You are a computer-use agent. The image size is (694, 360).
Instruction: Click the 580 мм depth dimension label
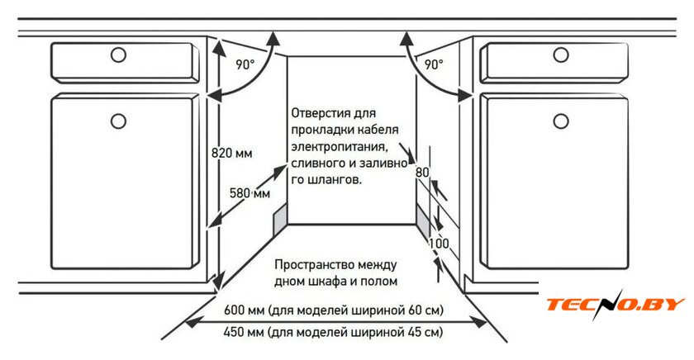click(250, 193)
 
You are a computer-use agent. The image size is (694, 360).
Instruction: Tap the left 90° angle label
click(245, 64)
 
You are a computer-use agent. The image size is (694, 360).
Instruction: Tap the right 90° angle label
click(434, 64)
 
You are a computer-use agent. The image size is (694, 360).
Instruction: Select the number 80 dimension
click(422, 173)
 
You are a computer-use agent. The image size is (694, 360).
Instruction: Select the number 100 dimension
click(439, 244)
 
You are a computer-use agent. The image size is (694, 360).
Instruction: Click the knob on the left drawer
click(118, 55)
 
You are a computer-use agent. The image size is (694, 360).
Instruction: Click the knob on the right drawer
click(562, 55)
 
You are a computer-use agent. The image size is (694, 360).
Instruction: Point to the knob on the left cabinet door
click(118, 121)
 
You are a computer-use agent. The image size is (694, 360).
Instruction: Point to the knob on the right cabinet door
click(562, 121)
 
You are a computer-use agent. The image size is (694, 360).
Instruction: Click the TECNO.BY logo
click(615, 305)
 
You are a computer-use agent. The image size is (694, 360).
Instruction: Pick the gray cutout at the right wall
click(423, 221)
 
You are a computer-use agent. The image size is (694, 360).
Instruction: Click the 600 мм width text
click(244, 311)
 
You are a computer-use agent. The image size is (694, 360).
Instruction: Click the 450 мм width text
click(244, 334)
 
